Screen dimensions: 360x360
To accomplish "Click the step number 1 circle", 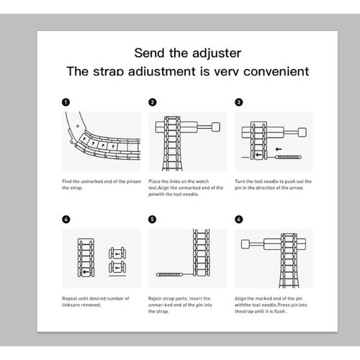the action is [66, 102].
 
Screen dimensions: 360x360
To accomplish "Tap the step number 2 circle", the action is [153, 102].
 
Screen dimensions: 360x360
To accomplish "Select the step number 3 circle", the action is [239, 102].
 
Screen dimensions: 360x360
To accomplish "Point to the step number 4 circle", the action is [66, 219].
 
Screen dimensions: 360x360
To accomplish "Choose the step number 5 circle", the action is [153, 219].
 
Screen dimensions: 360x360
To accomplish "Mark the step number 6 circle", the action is [239, 219].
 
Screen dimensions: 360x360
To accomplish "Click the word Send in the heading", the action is [149, 53].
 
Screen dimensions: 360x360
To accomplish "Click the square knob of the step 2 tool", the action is [216, 127].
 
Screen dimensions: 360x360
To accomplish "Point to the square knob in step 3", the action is [302, 132].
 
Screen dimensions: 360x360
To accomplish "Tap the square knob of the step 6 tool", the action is [246, 244].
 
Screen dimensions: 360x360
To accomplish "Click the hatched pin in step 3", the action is [288, 157].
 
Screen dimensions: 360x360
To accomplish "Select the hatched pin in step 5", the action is [169, 274].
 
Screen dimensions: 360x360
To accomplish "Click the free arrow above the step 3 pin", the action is [279, 149].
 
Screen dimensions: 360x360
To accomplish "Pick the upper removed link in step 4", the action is [117, 253].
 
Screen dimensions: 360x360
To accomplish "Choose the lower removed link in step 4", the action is [117, 267].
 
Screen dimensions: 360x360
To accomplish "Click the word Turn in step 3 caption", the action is [240, 181].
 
